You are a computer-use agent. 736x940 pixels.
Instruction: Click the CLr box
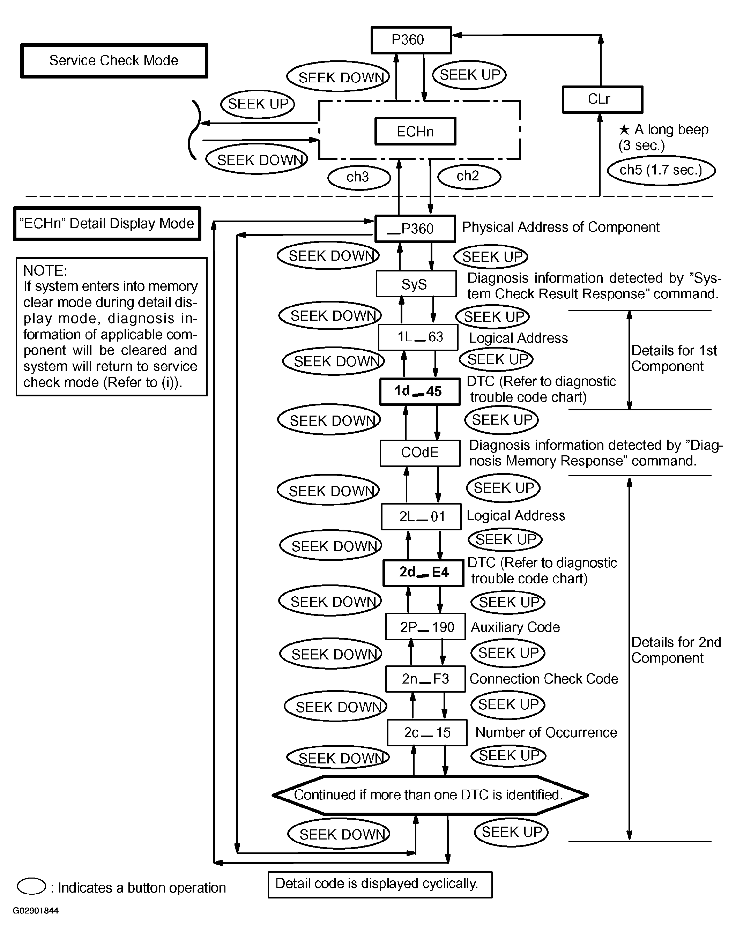[602, 99]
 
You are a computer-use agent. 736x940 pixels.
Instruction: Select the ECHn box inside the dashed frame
[415, 132]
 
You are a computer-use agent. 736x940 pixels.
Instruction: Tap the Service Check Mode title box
[114, 61]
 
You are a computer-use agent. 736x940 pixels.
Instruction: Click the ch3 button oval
[359, 177]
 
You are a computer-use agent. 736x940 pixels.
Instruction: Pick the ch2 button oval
[469, 176]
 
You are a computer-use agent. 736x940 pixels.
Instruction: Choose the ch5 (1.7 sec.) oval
[661, 170]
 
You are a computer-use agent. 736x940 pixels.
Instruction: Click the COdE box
[420, 453]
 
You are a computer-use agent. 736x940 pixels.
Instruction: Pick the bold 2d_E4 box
[424, 573]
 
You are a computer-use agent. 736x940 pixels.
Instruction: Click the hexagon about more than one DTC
[430, 795]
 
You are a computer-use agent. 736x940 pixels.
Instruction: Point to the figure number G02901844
[35, 911]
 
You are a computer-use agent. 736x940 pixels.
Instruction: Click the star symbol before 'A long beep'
[624, 129]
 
